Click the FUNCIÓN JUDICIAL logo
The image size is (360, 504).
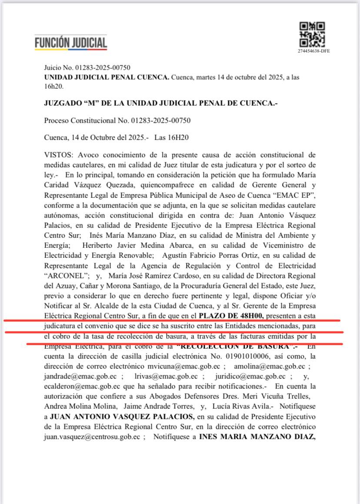71,43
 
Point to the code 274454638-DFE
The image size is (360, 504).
314,51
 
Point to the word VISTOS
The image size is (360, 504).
55,155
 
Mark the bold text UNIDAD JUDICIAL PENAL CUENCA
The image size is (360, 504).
107,77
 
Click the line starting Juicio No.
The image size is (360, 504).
87,67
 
